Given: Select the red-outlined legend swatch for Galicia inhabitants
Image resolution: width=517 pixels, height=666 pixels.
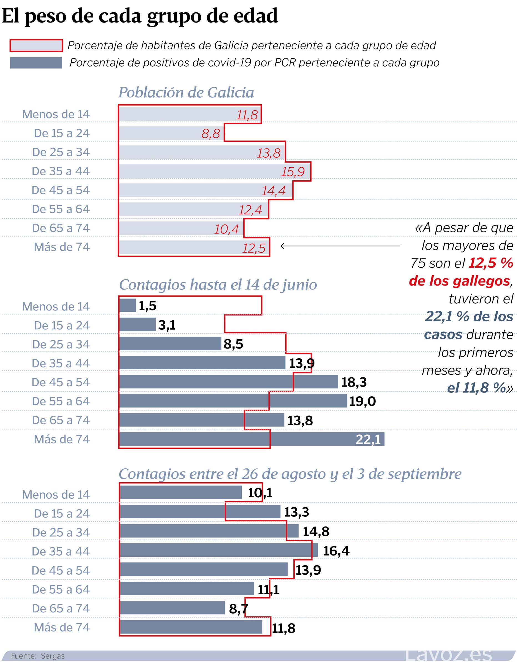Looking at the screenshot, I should pyautogui.click(x=36, y=46).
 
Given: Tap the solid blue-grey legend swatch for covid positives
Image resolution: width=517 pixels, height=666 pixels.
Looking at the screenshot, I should pyautogui.click(x=36, y=63).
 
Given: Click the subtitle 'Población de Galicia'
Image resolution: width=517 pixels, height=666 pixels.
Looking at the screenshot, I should pyautogui.click(x=186, y=92).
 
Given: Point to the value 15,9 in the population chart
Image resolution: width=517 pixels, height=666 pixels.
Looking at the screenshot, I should pyautogui.click(x=292, y=172).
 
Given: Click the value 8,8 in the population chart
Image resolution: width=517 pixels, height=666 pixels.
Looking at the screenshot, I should pyautogui.click(x=210, y=133).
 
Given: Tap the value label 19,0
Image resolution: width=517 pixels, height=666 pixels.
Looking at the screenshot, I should pyautogui.click(x=362, y=401).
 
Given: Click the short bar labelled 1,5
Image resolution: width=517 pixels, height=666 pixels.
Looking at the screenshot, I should pyautogui.click(x=127, y=305).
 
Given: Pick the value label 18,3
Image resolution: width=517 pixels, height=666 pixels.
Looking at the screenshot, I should pyautogui.click(x=354, y=382).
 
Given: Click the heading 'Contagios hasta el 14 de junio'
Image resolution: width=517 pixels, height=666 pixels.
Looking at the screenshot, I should pyautogui.click(x=218, y=284).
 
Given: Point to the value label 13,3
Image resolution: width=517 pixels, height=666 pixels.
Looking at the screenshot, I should pyautogui.click(x=296, y=512).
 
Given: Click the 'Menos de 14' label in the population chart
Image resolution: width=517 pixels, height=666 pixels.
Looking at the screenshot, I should pyautogui.click(x=56, y=114).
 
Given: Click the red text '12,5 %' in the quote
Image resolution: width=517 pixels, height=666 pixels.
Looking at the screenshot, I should pyautogui.click(x=490, y=263).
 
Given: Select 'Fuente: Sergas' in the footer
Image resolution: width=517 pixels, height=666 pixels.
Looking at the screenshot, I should pyautogui.click(x=38, y=656).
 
